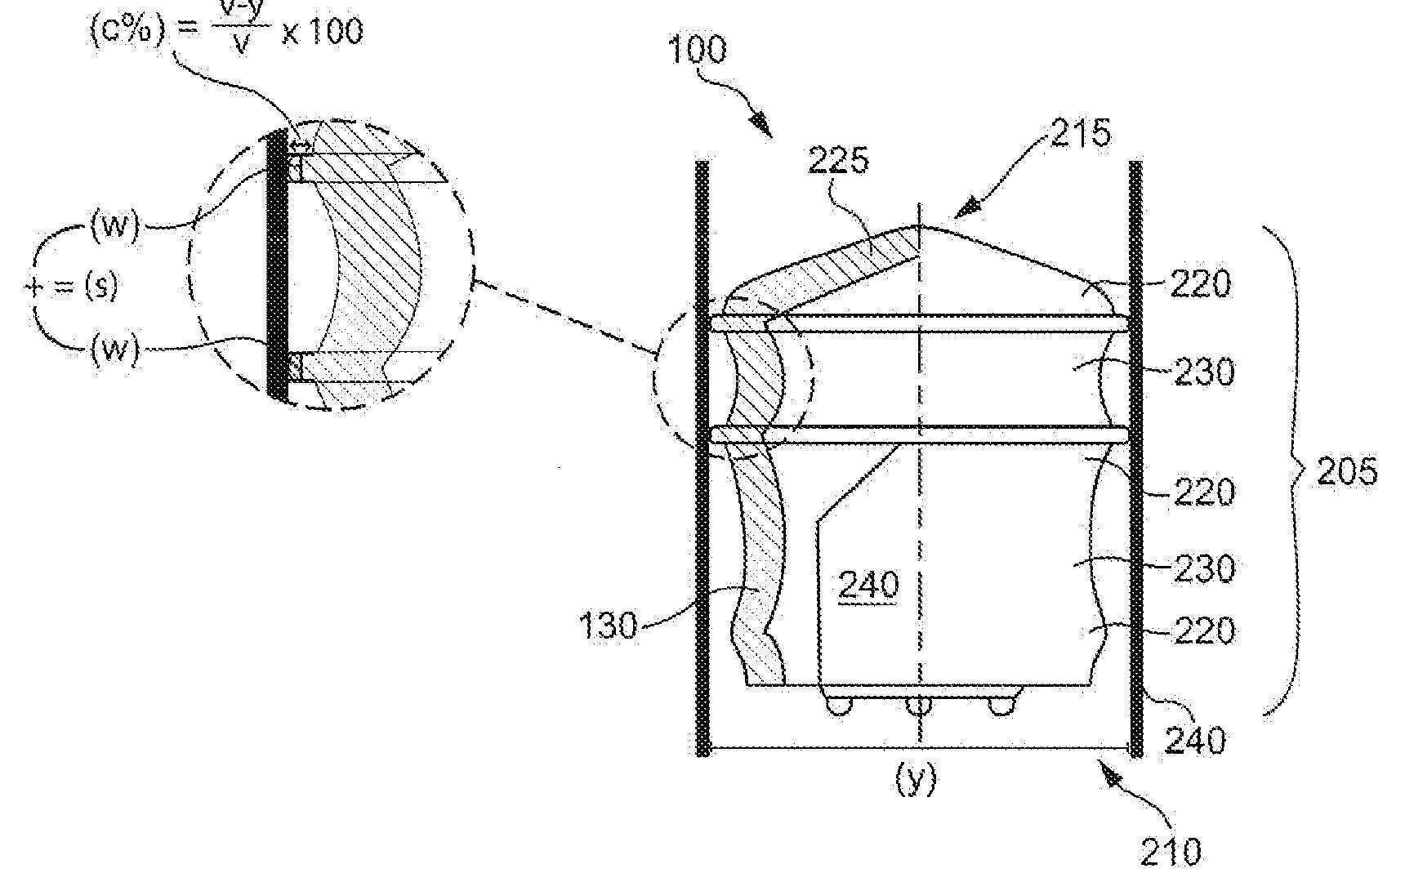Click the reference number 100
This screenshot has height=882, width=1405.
point(697,50)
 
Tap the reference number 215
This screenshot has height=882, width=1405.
point(1080,132)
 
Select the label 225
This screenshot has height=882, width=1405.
point(839,161)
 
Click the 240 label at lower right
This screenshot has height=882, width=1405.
point(1194,740)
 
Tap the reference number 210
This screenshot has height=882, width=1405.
point(1171,852)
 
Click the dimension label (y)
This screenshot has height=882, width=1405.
point(917,778)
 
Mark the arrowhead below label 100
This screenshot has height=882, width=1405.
point(760,125)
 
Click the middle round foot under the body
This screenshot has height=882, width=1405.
point(919,705)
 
